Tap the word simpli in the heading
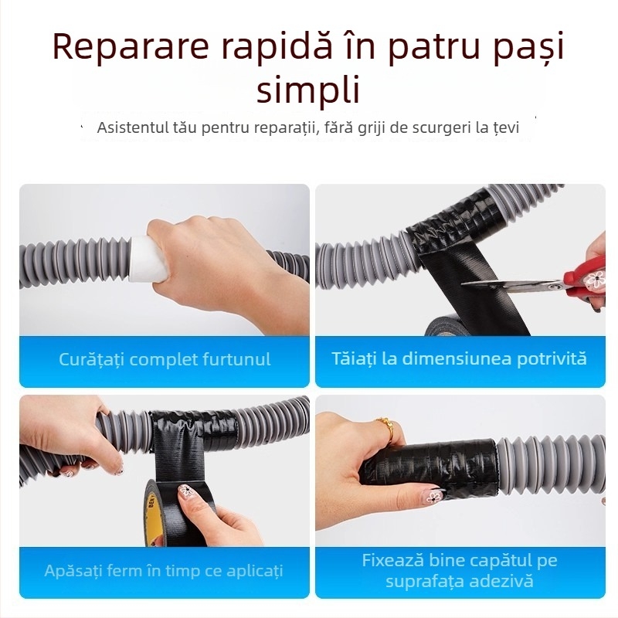click(308, 90)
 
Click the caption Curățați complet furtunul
click(165, 359)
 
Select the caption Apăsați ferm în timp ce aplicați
click(164, 571)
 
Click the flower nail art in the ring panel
click(434, 496)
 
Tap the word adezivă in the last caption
click(502, 582)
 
